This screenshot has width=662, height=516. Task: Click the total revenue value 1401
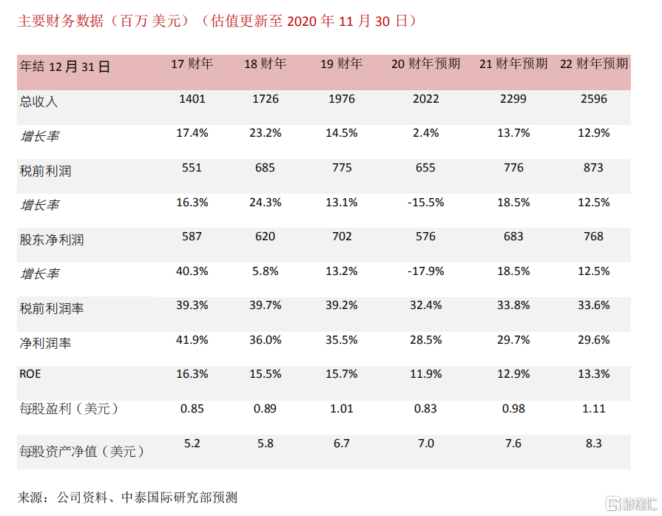pos(192,99)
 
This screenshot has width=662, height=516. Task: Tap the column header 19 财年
pos(341,64)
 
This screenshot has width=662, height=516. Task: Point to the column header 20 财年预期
pos(425,64)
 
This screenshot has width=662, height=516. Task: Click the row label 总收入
pos(38,101)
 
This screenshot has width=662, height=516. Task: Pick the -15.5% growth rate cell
pos(425,202)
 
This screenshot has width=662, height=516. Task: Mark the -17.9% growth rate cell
pos(425,271)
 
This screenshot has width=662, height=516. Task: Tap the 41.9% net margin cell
pos(192,340)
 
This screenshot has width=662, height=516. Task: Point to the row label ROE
pos(30,374)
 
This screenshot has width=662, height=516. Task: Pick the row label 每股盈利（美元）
pos(69,409)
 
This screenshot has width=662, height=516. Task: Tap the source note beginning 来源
pos(127,497)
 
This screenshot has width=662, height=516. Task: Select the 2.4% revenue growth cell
pos(425,133)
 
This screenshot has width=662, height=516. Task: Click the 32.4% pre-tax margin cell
pos(425,305)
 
